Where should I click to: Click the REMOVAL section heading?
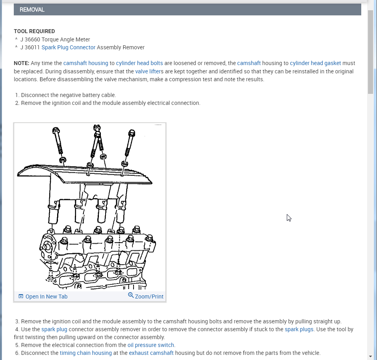click(32, 9)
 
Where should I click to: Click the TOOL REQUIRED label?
click(34, 31)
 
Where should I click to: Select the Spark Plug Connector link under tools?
click(69, 47)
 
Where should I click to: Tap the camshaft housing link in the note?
click(85, 63)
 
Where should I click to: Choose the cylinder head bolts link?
click(139, 63)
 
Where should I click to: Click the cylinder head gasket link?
click(315, 63)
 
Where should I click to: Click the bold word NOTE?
click(21, 63)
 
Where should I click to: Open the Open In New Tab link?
click(46, 297)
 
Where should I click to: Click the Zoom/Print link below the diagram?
click(149, 297)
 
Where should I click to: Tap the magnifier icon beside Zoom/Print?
click(131, 295)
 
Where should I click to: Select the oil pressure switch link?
click(151, 345)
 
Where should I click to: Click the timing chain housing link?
click(85, 353)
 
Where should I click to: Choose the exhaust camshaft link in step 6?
click(151, 353)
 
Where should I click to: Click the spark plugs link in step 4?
click(299, 329)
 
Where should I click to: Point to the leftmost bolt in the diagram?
click(59, 142)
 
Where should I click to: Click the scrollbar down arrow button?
click(370, 356)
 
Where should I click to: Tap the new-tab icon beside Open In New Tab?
click(21, 297)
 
